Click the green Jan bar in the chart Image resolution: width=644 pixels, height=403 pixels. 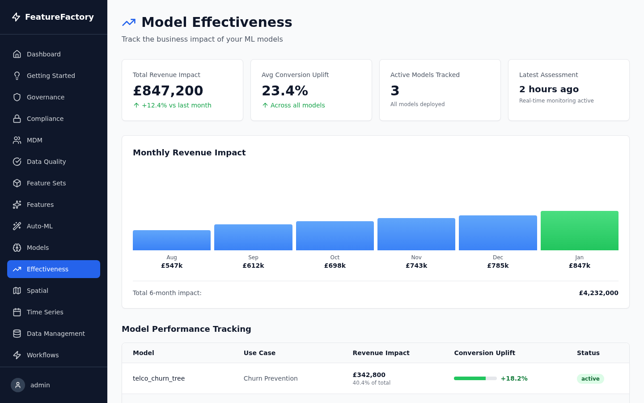coord(579,231)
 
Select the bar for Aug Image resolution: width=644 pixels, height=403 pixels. coord(172,240)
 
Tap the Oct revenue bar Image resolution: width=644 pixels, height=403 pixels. coord(335,236)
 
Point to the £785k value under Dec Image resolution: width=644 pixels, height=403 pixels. coord(498,266)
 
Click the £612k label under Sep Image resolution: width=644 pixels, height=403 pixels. coord(253,266)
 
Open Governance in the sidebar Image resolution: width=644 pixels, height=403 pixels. coord(46,97)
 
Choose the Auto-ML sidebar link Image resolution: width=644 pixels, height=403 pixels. coord(40,226)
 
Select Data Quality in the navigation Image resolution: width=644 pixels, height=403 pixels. coord(46,162)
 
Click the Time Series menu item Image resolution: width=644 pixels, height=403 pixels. coord(45,312)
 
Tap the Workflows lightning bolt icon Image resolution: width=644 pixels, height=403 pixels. coord(17,355)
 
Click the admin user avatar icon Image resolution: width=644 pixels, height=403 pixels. coord(18,385)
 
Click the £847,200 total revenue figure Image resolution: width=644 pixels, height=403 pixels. coord(168,90)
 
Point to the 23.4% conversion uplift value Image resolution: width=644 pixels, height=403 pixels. coord(285,90)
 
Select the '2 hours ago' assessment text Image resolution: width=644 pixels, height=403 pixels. coord(549,89)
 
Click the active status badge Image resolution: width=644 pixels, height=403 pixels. coord(590,379)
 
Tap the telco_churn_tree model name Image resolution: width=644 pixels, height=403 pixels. coord(159,378)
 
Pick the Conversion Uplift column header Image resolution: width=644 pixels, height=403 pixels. coord(484,353)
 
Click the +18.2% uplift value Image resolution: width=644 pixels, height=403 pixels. coord(514,378)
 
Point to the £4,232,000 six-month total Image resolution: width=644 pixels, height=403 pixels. coord(598,293)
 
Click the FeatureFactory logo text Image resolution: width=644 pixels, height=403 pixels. coord(59,17)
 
